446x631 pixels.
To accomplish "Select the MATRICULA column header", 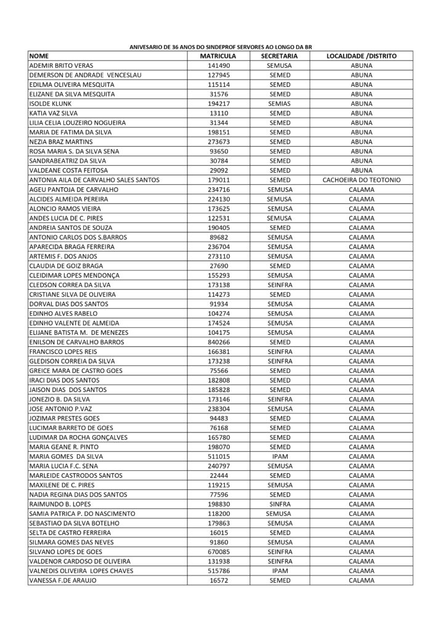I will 219,56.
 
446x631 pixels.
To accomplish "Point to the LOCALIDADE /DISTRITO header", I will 362,56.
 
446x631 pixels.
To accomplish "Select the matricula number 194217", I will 219,104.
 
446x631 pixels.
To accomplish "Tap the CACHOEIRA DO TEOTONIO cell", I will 362,180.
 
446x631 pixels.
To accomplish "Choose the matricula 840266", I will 219,342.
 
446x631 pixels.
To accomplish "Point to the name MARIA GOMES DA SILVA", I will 67,457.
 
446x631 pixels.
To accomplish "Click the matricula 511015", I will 219,457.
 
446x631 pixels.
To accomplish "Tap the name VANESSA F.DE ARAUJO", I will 63,580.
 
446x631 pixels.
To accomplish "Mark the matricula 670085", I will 219,552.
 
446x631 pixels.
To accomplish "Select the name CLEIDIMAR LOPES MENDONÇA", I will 74,275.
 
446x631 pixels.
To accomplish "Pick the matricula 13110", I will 219,113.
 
